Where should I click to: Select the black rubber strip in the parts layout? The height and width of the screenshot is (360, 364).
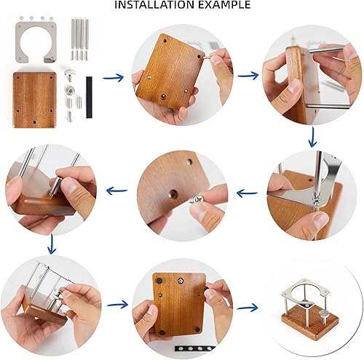click(x=89, y=97)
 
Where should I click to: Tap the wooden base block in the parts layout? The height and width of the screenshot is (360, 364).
click(x=34, y=100)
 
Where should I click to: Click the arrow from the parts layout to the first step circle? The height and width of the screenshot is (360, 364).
click(x=113, y=78)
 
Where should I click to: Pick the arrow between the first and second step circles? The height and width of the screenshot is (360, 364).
click(x=248, y=76)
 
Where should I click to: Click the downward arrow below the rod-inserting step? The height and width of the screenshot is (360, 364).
click(x=313, y=137)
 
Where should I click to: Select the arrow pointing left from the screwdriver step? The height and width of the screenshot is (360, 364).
click(x=247, y=193)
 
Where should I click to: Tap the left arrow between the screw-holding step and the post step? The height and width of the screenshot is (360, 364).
click(x=117, y=191)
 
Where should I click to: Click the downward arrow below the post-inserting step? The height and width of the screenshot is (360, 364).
click(x=52, y=244)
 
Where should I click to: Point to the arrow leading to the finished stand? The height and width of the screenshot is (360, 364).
click(x=248, y=308)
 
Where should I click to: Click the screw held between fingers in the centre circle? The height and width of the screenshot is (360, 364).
click(x=197, y=199)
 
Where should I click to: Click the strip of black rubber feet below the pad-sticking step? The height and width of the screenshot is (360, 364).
click(x=195, y=348)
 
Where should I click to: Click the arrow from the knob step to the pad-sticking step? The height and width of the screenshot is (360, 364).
click(x=117, y=304)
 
